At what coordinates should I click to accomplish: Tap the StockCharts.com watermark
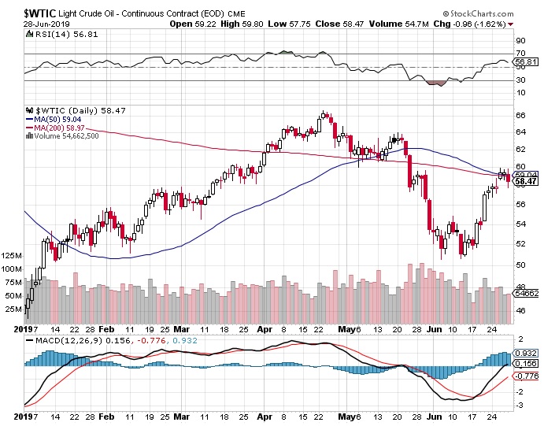(x=490, y=14)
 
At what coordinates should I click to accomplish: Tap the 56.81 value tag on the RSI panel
(x=526, y=61)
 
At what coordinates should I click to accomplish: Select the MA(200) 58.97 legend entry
(x=63, y=128)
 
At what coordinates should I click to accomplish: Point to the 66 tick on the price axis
(x=520, y=115)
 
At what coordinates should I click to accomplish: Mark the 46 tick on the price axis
(x=520, y=310)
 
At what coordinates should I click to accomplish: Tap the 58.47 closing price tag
(x=526, y=182)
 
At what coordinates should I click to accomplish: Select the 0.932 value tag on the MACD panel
(x=526, y=354)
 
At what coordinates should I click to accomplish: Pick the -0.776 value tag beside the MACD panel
(x=526, y=377)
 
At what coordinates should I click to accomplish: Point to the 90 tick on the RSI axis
(x=520, y=39)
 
